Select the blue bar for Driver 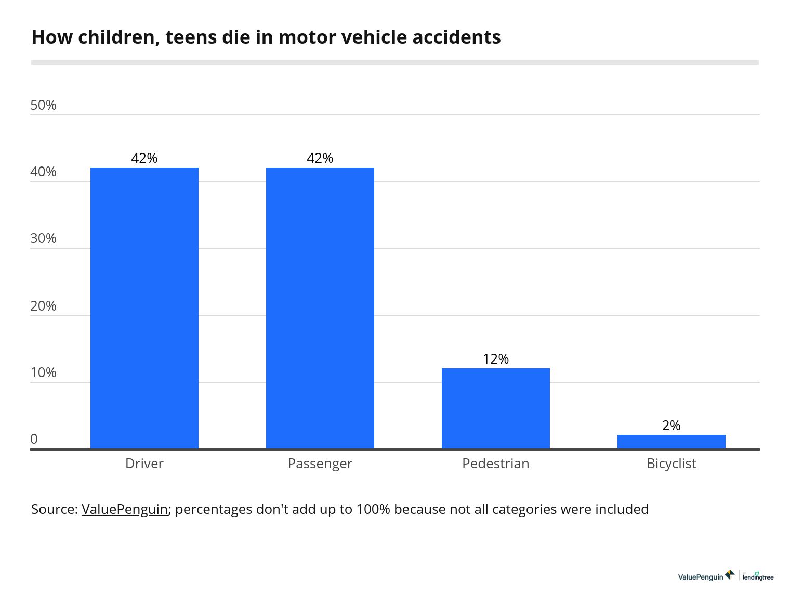click(x=144, y=308)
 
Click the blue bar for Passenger click(x=320, y=308)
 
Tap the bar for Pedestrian click(x=496, y=408)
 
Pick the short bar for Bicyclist click(x=671, y=442)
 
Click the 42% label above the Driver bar click(x=144, y=158)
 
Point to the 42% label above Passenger click(x=320, y=158)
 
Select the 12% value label click(x=496, y=359)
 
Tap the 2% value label click(x=671, y=426)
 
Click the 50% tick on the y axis click(x=44, y=105)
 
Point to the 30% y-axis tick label click(x=44, y=238)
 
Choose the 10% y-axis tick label click(x=44, y=372)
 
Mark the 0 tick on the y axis click(x=34, y=439)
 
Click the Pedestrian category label click(x=496, y=464)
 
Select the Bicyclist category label click(x=671, y=464)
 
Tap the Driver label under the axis click(x=144, y=464)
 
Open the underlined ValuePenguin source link click(x=125, y=509)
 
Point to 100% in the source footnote click(x=373, y=509)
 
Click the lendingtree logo click(x=758, y=576)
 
